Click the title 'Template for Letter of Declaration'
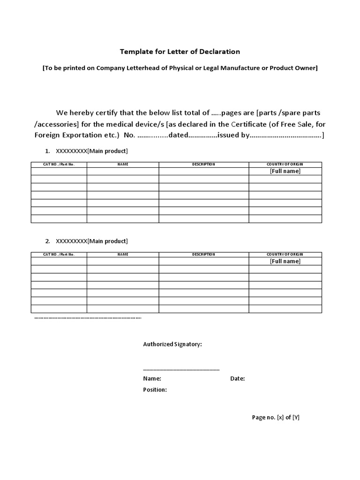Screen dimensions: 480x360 coord(180,52)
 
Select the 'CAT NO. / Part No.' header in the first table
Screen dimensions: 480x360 coord(59,165)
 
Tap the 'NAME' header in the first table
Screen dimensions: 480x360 coord(123,165)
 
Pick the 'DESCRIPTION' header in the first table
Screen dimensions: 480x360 coord(203,165)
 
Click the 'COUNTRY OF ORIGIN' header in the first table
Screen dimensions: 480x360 coord(285,165)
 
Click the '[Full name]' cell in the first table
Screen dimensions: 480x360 coord(285,172)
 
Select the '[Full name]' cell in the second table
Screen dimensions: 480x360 coord(285,262)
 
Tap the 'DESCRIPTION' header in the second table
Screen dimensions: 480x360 coord(203,255)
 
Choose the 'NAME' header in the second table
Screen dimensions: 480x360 coord(123,255)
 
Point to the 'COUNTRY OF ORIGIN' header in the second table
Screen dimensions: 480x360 coord(285,255)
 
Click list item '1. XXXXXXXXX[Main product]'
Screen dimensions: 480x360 coord(86,151)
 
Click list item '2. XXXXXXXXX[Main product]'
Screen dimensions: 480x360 coord(86,241)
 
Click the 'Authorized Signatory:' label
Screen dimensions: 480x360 coord(172,345)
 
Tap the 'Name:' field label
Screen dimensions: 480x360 coord(152,379)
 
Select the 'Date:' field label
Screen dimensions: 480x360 coord(237,379)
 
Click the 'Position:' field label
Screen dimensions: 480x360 coord(155,390)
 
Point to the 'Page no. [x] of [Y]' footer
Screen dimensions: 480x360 coord(276,417)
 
